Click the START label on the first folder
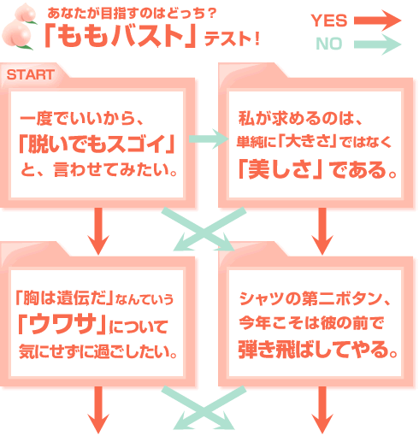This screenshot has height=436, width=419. pyautogui.click(x=30, y=74)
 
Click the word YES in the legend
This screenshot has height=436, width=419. pyautogui.click(x=329, y=21)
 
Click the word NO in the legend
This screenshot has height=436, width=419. pyautogui.click(x=329, y=44)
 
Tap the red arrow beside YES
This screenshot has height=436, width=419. pyautogui.click(x=378, y=21)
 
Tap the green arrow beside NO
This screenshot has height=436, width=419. pyautogui.click(x=378, y=44)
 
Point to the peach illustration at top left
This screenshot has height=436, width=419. pyautogui.click(x=20, y=28)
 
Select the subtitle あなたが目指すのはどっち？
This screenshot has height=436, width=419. pyautogui.click(x=132, y=13)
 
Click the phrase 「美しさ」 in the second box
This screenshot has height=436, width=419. pyautogui.click(x=280, y=169)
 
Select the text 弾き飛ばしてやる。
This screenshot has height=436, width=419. pyautogui.click(x=318, y=350)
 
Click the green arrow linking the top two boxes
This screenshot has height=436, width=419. pyautogui.click(x=209, y=138)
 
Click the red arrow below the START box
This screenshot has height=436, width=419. pyautogui.click(x=98, y=231)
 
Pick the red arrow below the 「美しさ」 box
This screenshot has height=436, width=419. pyautogui.click(x=322, y=231)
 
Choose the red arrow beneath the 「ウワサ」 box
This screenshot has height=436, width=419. pyautogui.click(x=98, y=409)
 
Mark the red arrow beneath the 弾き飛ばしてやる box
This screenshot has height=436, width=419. pyautogui.click(x=322, y=409)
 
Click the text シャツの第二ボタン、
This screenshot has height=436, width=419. pyautogui.click(x=315, y=298)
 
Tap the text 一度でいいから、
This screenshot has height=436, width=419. pyautogui.click(x=81, y=118)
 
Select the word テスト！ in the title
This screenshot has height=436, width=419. pyautogui.click(x=232, y=38)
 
